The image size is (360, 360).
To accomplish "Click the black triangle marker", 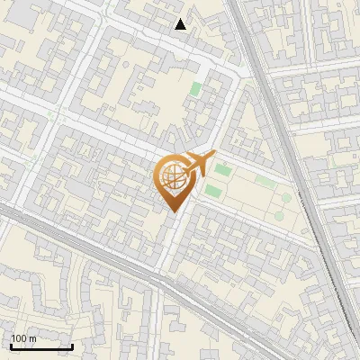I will [x=181, y=24].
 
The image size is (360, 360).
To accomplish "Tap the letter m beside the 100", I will [x=33, y=338].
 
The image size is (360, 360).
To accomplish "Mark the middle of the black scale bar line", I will [x=41, y=346].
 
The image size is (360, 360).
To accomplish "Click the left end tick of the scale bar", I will [x=11, y=345].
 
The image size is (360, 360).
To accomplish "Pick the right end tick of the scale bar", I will [x=72, y=345].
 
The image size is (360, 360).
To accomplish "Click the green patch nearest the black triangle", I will [x=196, y=90].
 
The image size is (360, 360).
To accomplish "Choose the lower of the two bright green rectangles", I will [x=213, y=191].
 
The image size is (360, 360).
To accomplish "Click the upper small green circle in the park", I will [x=286, y=197].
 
